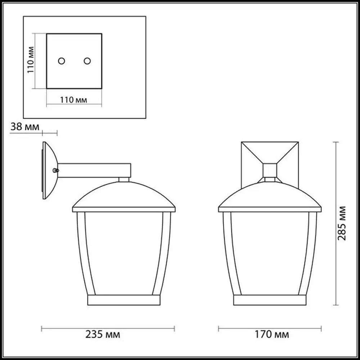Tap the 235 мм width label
point(103,335)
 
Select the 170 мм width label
point(271,335)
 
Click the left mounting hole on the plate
point(62,61)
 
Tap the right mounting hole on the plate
point(87,61)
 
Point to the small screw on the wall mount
point(55,170)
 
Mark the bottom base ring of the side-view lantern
point(123,300)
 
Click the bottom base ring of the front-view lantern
point(270,300)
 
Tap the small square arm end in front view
point(270,170)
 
